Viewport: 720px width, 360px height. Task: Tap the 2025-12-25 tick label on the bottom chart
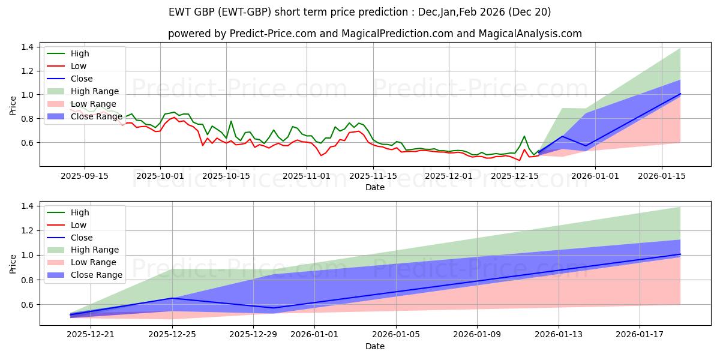(x=172, y=335)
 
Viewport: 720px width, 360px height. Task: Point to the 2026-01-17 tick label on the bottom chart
(x=640, y=335)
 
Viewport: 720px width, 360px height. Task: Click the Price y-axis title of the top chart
(x=13, y=105)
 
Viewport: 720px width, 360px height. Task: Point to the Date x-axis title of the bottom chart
(x=375, y=346)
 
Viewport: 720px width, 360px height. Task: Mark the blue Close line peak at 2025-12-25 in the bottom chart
(x=172, y=298)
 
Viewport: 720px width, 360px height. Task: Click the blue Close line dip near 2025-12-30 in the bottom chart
(x=274, y=308)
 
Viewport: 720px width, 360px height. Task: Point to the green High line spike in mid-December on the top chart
(x=524, y=136)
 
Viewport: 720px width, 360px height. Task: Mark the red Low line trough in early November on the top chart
(x=320, y=155)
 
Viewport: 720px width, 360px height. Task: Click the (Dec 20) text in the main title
(x=532, y=12)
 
